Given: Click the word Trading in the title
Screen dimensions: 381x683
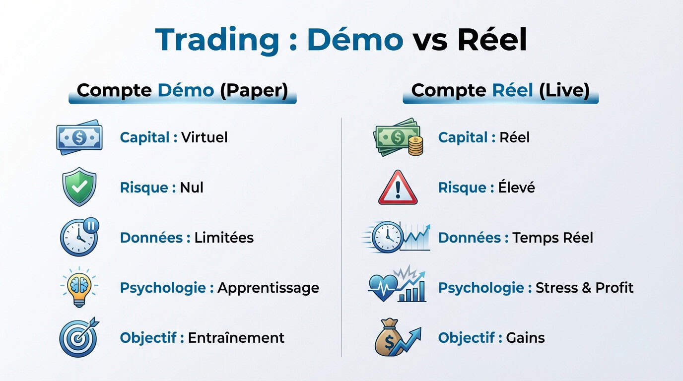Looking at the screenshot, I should [x=217, y=40].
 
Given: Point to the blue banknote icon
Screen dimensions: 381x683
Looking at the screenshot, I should [x=79, y=137].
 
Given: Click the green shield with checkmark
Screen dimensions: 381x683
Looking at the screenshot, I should [x=79, y=187].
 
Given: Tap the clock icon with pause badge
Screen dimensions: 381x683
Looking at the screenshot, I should [x=79, y=237].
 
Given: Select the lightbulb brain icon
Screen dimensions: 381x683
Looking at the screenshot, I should [x=79, y=287].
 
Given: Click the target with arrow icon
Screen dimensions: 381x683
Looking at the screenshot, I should [x=79, y=337].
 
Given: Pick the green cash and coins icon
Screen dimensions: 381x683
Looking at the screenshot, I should [x=398, y=137].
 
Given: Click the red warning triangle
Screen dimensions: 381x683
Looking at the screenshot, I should [x=398, y=188].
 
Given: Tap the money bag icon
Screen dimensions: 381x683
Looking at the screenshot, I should [x=390, y=338].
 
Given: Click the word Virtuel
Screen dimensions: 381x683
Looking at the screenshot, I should [x=204, y=137].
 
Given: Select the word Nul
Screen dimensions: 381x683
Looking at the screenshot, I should [x=192, y=188].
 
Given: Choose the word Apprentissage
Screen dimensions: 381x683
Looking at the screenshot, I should [x=268, y=288].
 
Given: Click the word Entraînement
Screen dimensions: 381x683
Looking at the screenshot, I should [x=236, y=338].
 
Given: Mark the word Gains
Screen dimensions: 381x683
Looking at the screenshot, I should [x=525, y=338].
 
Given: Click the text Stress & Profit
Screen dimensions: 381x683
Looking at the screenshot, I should [x=585, y=288].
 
